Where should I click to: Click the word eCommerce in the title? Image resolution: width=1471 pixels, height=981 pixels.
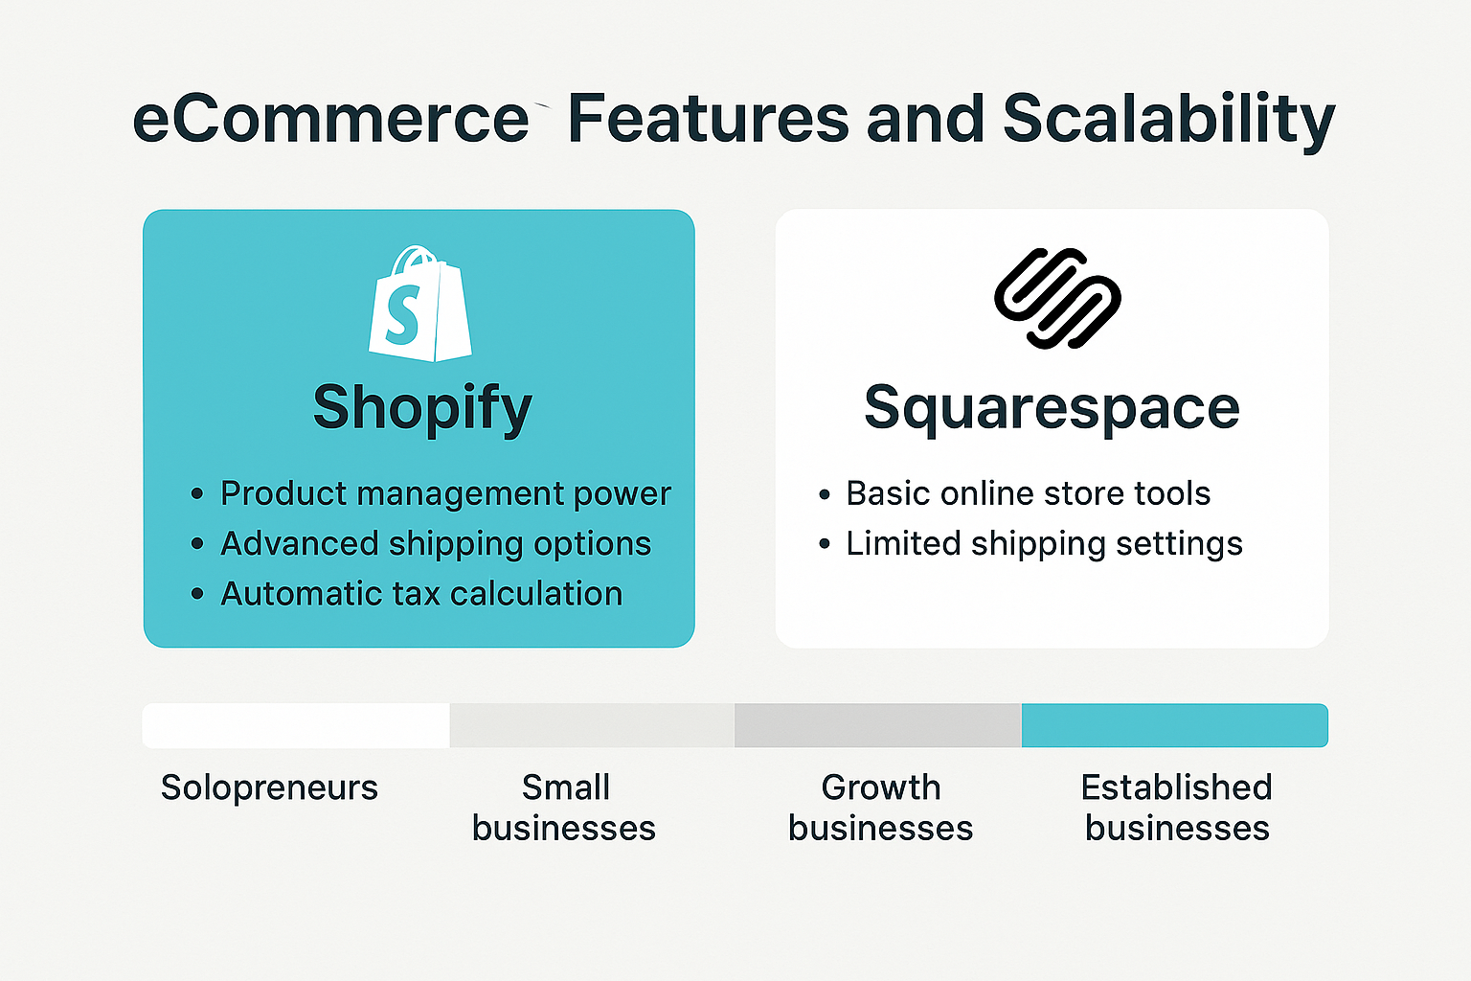331,118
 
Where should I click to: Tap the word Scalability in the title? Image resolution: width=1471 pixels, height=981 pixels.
1169,121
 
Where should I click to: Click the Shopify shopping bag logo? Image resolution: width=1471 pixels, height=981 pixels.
420,304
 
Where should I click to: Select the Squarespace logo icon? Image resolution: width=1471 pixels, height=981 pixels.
1057,298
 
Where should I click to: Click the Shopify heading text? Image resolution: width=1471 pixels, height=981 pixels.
422,409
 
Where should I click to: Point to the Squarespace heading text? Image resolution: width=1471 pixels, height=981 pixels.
1052,409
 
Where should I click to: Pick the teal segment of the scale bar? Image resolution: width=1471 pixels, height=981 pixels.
1175,725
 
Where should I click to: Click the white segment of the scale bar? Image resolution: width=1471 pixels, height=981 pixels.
296,725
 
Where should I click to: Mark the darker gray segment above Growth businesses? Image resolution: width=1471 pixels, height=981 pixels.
878,725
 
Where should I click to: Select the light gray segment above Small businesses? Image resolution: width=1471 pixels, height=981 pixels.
593,725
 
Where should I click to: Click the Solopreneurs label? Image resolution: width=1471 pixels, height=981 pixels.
269,787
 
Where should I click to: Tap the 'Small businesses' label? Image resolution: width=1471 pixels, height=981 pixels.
564,808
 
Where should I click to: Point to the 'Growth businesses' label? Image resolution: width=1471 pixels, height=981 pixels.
881,808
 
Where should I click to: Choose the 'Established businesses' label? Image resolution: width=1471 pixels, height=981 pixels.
1177,808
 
